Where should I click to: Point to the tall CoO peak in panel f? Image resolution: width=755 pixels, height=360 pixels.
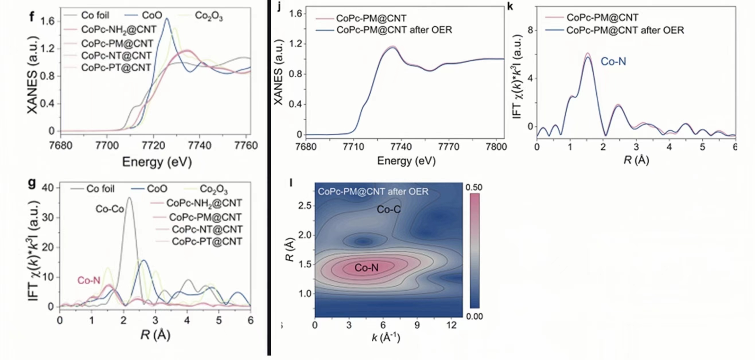(167, 19)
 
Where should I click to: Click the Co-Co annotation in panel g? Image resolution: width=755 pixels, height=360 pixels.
(110, 209)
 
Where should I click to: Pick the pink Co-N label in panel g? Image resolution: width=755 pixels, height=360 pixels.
(89, 280)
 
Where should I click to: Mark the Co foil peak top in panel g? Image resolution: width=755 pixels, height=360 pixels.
(129, 198)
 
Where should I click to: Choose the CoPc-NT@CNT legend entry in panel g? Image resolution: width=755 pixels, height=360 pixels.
(207, 229)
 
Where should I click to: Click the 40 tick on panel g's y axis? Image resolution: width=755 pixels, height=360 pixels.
(48, 187)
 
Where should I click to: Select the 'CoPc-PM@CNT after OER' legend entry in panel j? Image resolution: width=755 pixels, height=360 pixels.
(394, 30)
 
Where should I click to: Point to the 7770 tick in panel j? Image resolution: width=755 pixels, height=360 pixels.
(449, 146)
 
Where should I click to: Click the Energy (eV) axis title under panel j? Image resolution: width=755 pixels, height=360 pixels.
(406, 161)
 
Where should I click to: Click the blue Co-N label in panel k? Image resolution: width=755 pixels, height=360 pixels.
(613, 62)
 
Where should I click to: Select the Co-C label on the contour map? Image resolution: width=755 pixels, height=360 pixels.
(388, 210)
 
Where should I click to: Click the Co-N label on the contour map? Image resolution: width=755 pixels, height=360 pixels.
(366, 267)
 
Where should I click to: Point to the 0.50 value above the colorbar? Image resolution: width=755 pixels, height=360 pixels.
(474, 187)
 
